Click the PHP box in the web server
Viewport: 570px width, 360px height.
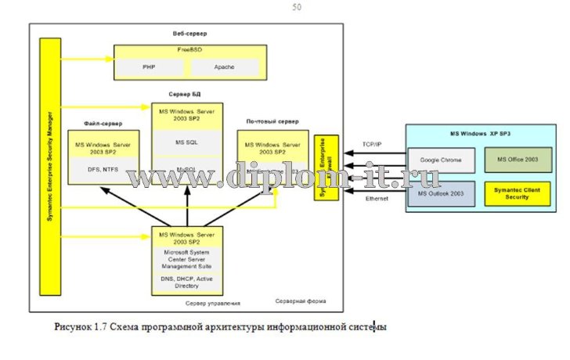(x=149, y=68)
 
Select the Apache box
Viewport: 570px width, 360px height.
(x=224, y=68)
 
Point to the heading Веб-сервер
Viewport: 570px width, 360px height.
(x=185, y=35)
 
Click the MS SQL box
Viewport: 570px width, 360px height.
(x=186, y=142)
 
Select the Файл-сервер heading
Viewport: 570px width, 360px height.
(x=103, y=124)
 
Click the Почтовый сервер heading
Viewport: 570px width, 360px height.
(x=272, y=122)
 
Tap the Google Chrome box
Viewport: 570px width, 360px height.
(x=441, y=160)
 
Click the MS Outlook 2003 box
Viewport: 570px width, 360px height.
(x=441, y=193)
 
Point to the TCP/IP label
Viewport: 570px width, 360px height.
(x=372, y=145)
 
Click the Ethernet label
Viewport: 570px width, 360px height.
(x=377, y=199)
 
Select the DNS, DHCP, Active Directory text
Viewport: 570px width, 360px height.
(x=186, y=280)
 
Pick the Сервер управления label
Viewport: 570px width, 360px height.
(x=212, y=302)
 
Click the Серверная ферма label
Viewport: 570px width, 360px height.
(x=300, y=301)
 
